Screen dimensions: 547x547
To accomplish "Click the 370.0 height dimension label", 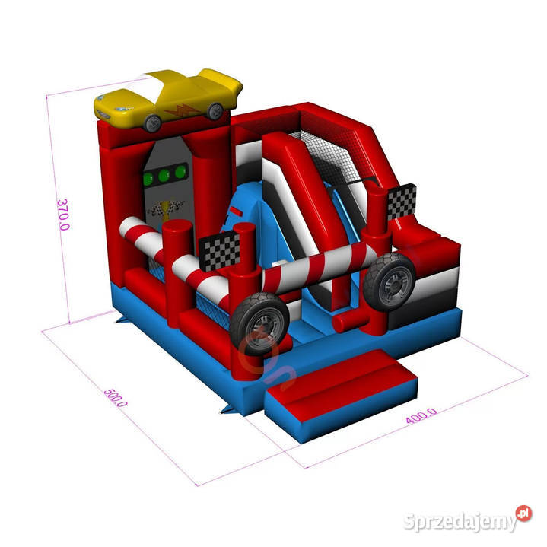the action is click(x=63, y=215).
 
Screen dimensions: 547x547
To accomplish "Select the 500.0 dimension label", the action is click(x=116, y=398).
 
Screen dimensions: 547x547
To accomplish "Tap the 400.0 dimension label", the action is click(x=421, y=415).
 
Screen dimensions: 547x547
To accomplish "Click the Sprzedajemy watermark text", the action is click(x=460, y=522).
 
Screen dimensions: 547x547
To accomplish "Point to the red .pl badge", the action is click(x=523, y=514).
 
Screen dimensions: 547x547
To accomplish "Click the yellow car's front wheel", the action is click(x=152, y=123).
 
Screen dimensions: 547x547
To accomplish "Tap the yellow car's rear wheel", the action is click(x=215, y=111).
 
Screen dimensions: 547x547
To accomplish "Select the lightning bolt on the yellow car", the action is click(x=183, y=110).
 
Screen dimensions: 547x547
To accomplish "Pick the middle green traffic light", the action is click(x=164, y=175).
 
